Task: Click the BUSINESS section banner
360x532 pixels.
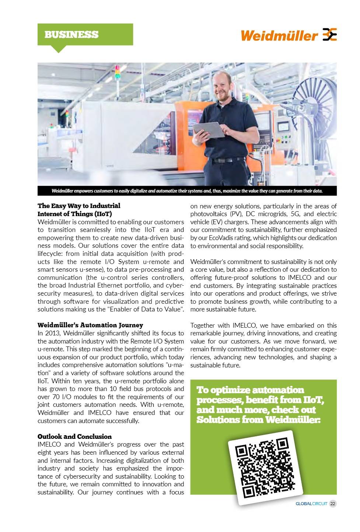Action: click(85, 35)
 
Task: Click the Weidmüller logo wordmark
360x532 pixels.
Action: click(279, 36)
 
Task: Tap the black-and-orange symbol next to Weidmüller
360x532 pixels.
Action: click(330, 35)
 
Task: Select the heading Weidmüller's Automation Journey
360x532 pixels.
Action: click(90, 325)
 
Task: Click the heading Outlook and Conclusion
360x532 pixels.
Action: click(74, 437)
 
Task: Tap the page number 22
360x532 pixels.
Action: click(332, 504)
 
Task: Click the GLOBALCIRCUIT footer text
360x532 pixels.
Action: click(311, 504)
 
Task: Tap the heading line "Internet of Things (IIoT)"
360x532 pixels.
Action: click(74, 214)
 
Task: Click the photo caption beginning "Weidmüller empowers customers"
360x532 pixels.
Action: click(187, 191)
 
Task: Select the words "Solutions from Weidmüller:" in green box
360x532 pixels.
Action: click(258, 420)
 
